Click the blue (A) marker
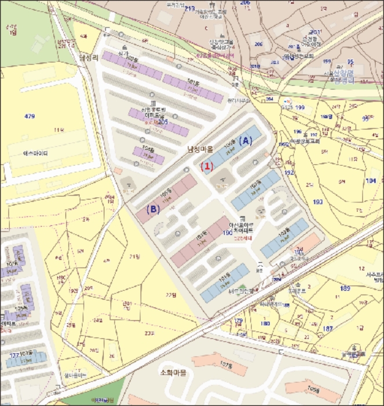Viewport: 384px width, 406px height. click(x=246, y=140)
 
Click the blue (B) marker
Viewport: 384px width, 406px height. click(x=152, y=210)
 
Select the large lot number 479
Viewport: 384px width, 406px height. click(x=30, y=117)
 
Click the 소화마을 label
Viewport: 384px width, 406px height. click(x=173, y=372)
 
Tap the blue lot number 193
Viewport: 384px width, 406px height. click(x=317, y=202)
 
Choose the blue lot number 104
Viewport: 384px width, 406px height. click(x=371, y=181)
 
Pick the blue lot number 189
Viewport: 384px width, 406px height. click(x=346, y=288)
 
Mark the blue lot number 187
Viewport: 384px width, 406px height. click(x=328, y=328)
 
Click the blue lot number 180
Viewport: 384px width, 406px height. click(x=265, y=324)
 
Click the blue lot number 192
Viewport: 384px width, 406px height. click(x=290, y=172)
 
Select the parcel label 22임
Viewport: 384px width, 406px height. click(x=170, y=295)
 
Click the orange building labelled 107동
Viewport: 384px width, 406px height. click(x=226, y=365)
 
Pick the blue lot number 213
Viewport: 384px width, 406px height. click(x=189, y=9)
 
